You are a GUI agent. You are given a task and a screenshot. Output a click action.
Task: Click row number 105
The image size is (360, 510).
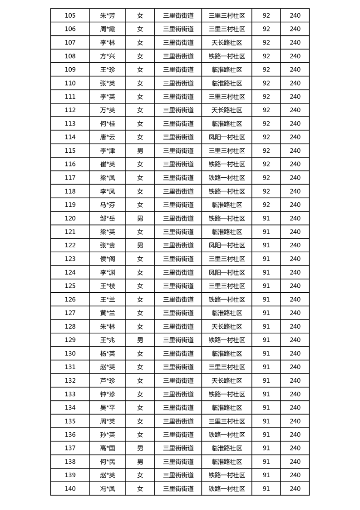click(x=70, y=15)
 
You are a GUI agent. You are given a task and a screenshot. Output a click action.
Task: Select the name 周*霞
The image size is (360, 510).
click(x=108, y=29)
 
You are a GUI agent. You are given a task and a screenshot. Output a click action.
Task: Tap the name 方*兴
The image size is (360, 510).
click(x=108, y=56)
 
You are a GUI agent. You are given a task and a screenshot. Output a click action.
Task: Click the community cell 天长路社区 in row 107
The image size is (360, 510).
click(x=227, y=43)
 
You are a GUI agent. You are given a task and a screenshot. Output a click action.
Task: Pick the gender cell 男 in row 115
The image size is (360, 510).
click(x=140, y=150)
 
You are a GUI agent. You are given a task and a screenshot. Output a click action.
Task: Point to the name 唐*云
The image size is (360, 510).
click(x=108, y=137)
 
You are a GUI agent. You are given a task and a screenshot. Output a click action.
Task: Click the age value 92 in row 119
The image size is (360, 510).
click(x=266, y=205)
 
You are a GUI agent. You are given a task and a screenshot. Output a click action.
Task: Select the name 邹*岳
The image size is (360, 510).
click(x=108, y=218)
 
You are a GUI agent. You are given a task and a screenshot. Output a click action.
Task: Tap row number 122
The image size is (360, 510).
click(x=70, y=245)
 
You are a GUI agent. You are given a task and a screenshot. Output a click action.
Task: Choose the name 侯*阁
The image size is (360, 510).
click(x=108, y=259)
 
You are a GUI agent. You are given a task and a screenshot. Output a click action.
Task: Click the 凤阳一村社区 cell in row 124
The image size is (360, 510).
click(x=227, y=272)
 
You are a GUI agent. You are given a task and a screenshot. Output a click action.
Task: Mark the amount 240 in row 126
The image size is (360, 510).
click(x=295, y=300)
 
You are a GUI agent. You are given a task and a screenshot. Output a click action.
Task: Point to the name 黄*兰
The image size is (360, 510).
click(x=108, y=313)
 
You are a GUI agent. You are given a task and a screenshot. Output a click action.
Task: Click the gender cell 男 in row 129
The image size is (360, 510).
click(x=140, y=340)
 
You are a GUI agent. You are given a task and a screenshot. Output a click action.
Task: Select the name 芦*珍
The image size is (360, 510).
click(x=108, y=380)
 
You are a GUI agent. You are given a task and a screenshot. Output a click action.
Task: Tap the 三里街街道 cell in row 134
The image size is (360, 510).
click(x=178, y=408)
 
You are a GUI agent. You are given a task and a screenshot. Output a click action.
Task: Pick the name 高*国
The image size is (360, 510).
click(x=108, y=448)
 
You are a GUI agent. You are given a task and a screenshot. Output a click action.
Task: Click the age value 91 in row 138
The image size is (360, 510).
click(x=266, y=462)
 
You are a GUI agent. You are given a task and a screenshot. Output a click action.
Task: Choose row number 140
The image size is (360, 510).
click(x=70, y=489)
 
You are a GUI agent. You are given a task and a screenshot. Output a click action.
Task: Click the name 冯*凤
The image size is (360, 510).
click(x=108, y=489)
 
